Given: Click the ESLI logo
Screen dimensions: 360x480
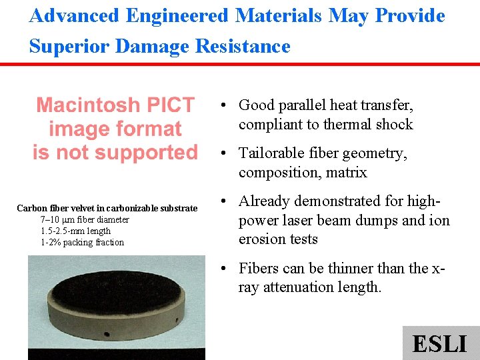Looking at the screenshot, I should (440, 343).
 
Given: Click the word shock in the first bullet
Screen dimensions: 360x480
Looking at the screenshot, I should (395, 125).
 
